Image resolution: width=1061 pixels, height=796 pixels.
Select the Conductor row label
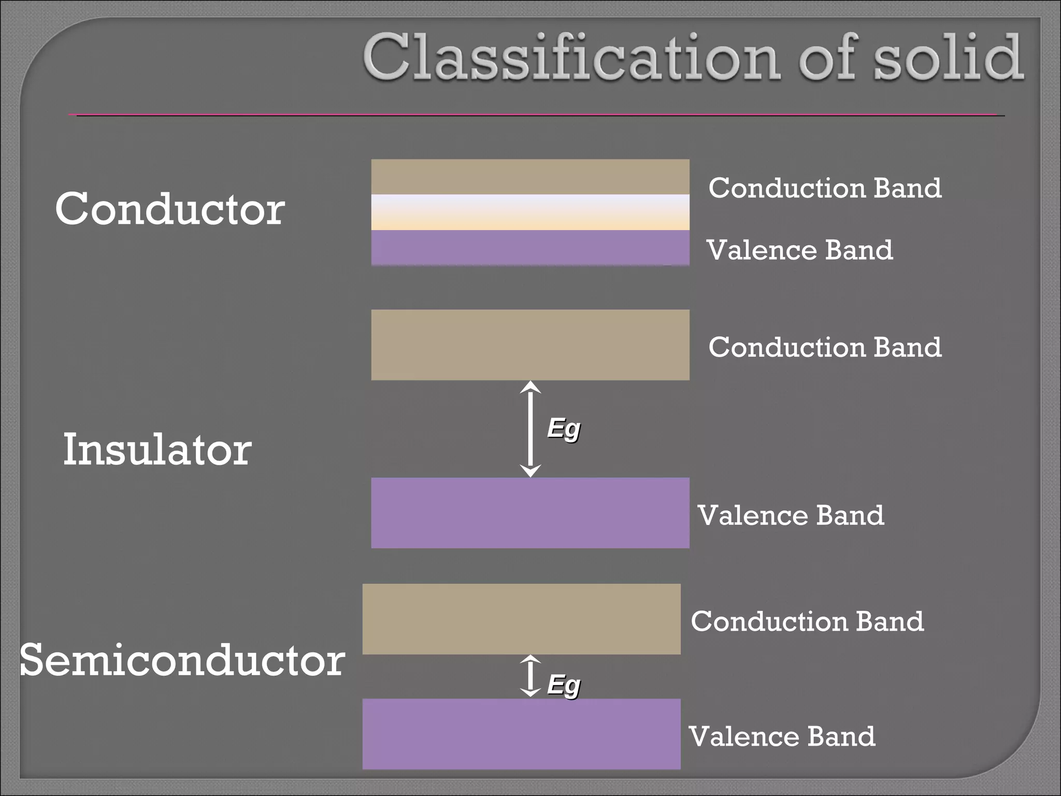[x=170, y=209]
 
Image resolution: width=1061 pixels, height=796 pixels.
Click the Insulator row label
[x=157, y=449]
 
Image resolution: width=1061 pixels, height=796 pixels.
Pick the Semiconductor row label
[x=182, y=660]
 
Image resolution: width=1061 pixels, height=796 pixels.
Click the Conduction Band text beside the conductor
[x=825, y=188]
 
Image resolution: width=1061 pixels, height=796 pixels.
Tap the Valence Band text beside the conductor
[x=799, y=250]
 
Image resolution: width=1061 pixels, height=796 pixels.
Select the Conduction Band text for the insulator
[x=825, y=347]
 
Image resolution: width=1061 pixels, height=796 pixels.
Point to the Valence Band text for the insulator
[x=791, y=515]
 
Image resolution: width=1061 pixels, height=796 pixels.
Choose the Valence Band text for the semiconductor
[x=782, y=736]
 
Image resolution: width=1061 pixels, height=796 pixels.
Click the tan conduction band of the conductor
[x=530, y=177]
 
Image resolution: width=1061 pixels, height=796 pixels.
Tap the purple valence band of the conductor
[x=530, y=248]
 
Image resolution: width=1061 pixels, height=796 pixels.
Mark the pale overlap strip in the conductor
[x=530, y=212]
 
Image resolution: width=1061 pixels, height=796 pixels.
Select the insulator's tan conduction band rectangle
[x=530, y=345]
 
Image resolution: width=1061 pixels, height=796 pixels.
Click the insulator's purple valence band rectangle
[x=530, y=513]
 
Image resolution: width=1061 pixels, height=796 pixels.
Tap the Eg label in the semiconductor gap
[x=564, y=686]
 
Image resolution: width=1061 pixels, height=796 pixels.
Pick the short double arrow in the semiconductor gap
[x=530, y=676]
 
